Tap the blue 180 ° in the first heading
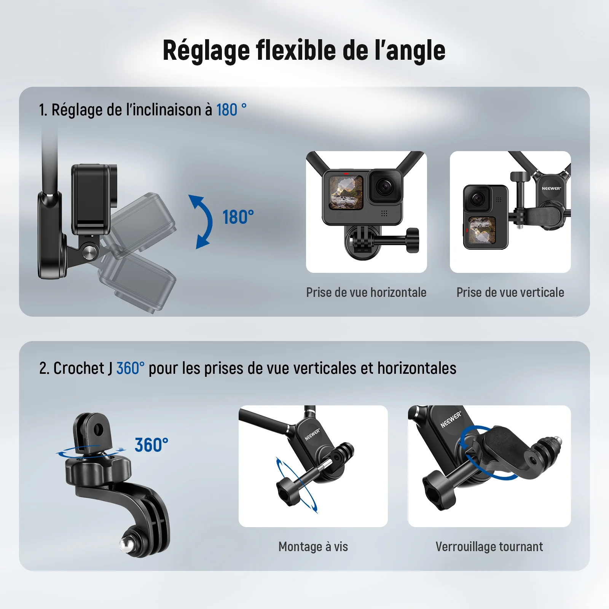231,110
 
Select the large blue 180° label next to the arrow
238,217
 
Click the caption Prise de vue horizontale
366,292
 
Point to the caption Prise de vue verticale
510,292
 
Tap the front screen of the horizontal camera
346,192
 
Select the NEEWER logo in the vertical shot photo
551,188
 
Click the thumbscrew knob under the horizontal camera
413,241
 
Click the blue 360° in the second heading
130,368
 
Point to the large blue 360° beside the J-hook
151,445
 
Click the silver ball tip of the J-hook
127,544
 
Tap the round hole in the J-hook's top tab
98,430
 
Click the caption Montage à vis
313,547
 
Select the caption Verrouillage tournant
489,547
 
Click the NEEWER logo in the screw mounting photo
312,434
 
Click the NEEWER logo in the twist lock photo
451,419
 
